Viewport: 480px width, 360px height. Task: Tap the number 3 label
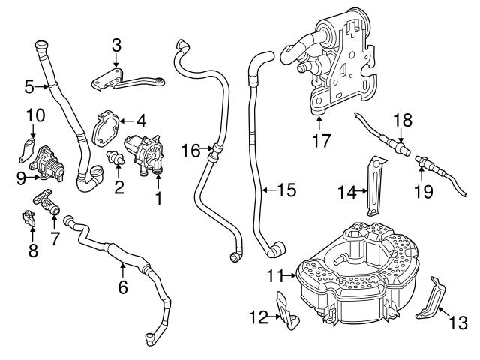[x=116, y=45]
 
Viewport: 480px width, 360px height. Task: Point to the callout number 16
[x=190, y=151]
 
